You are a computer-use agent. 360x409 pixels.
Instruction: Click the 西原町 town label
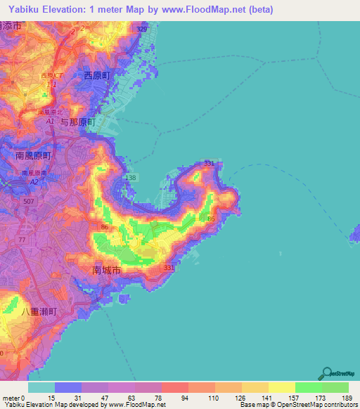pyautogui.click(x=98, y=75)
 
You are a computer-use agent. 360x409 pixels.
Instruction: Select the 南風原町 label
pyautogui.click(x=34, y=155)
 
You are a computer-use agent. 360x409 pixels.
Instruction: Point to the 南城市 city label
pyautogui.click(x=107, y=269)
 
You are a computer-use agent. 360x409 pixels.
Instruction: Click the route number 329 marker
pyautogui.click(x=141, y=30)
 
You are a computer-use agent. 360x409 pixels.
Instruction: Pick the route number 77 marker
pyautogui.click(x=22, y=240)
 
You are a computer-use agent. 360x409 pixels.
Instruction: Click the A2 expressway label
pyautogui.click(x=32, y=181)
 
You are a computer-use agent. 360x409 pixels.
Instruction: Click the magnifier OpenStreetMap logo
pyautogui.click(x=328, y=373)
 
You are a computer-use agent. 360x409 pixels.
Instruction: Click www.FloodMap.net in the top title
pyautogui.click(x=210, y=10)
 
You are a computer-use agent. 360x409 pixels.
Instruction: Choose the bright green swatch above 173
pyautogui.click(x=308, y=387)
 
